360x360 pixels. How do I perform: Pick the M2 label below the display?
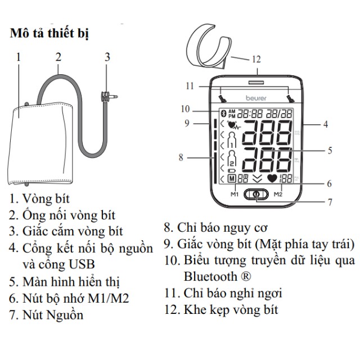pos(278,194)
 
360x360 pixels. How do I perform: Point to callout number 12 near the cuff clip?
pos(256,58)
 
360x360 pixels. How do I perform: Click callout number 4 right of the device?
pos(325,124)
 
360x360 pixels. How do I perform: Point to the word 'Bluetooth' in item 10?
pos(210,277)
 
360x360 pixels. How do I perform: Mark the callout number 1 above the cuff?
pos(19,56)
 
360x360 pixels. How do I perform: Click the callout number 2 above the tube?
pos(58,56)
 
